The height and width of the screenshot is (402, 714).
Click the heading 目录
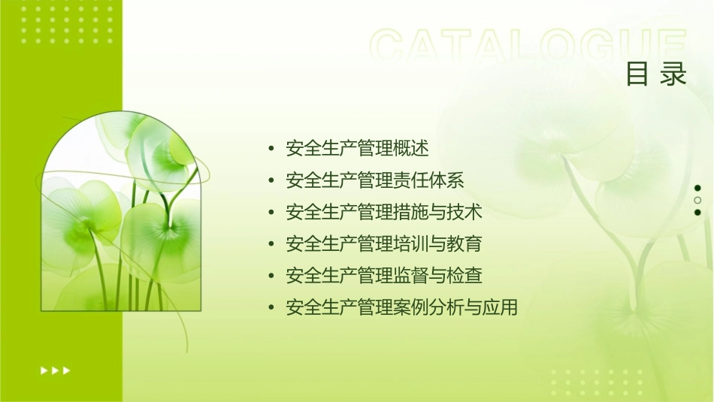click(x=656, y=75)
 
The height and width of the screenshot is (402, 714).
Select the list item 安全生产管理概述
click(x=357, y=149)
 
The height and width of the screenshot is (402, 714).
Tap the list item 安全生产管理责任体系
click(x=375, y=180)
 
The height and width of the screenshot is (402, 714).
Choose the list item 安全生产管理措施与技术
click(x=384, y=213)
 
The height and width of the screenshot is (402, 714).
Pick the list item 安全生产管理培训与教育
click(x=384, y=244)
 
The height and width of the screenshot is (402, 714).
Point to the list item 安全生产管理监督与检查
click(x=384, y=276)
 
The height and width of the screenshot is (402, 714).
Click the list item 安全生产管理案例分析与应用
click(x=402, y=308)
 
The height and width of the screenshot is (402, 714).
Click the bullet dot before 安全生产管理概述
click(x=271, y=149)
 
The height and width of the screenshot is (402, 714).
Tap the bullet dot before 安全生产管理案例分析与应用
click(x=271, y=308)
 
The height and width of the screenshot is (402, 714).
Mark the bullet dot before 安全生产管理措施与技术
click(x=271, y=213)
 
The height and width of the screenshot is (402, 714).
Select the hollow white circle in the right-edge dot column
click(x=697, y=200)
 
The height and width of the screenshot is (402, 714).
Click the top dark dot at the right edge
click(x=697, y=188)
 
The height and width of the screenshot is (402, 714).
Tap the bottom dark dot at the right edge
click(x=697, y=212)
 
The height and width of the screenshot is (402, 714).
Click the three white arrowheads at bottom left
click(x=55, y=370)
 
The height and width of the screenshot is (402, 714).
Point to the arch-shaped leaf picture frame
click(x=120, y=214)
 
